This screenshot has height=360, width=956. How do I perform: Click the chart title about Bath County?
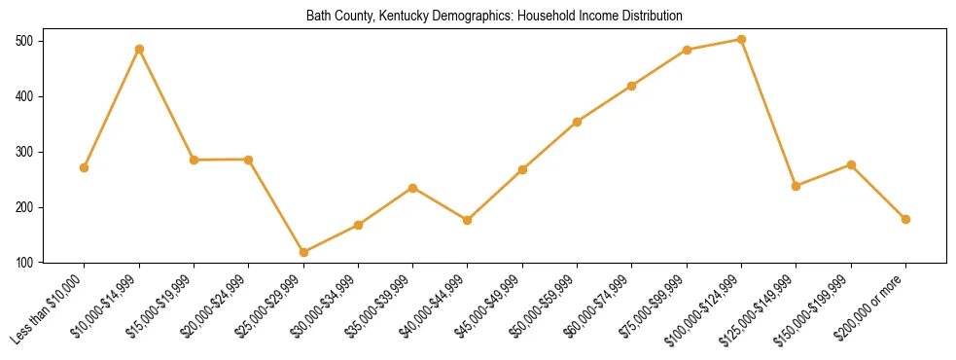[x=494, y=17]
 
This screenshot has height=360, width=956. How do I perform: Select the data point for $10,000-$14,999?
[x=139, y=49]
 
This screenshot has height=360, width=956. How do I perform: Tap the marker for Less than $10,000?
[x=85, y=167]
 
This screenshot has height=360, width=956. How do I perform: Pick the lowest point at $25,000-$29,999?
[x=303, y=252]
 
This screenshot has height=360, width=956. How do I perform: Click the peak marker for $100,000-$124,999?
[x=741, y=40]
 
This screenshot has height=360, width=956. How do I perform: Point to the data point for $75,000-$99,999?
[x=687, y=50]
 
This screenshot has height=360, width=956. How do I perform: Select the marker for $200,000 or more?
[x=905, y=219]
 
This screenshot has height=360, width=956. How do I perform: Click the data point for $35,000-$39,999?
[x=412, y=188]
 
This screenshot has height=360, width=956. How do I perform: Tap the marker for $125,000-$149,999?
[x=797, y=186]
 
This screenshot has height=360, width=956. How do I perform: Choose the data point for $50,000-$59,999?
[x=577, y=122]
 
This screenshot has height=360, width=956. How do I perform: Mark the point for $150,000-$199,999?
[x=851, y=164]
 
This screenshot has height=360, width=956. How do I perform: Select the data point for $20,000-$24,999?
[x=249, y=160]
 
